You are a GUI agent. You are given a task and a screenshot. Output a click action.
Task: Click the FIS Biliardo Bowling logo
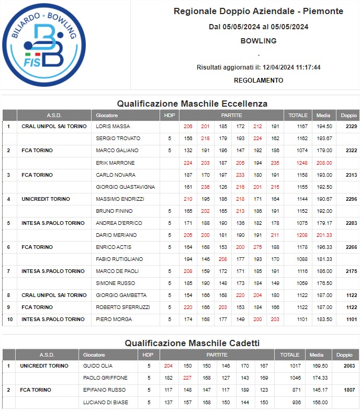pos(44,45)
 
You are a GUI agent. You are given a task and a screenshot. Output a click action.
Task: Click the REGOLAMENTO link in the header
pos(258,81)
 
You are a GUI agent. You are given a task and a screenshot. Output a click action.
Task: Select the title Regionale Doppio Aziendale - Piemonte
pos(258,11)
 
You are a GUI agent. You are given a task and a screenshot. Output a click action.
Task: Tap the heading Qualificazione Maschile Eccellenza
pos(192,104)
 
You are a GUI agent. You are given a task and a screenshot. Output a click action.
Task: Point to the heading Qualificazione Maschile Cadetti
pos(192,343)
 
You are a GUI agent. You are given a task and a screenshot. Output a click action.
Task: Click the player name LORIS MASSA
pos(113,127)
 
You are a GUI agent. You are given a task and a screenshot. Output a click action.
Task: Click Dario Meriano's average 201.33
pos(324,235)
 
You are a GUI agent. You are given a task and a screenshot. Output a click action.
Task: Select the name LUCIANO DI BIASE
pos(105,402)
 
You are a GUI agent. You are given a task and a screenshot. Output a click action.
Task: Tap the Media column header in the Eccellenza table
pos(323,115)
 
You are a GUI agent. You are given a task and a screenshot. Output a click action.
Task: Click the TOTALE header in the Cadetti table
pos(289,355)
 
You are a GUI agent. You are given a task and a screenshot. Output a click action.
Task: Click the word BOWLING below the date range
pos(258,41)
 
